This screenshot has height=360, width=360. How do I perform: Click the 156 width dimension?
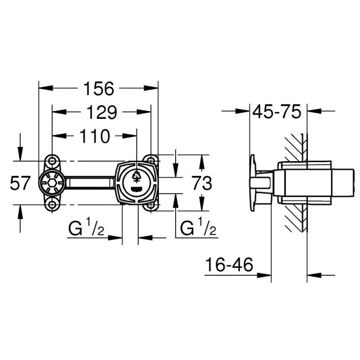coord(98,88)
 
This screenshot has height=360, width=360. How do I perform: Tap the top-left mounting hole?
coord(52,161)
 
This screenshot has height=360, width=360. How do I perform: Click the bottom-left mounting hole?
coord(52,205)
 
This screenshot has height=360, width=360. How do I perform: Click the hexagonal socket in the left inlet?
coord(52,183)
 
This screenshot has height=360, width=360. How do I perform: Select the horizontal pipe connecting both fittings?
coord(90,183)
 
